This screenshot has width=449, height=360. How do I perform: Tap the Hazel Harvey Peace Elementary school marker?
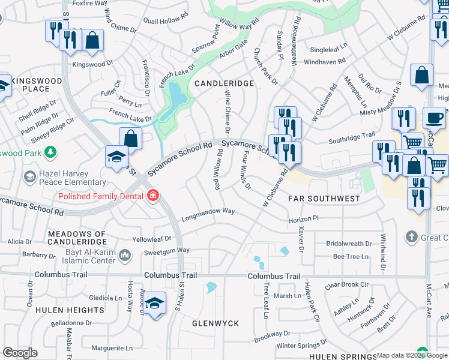pos(29,177)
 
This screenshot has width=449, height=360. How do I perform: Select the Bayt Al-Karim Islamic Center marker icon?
pos(125,256)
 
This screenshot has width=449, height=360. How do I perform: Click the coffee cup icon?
pos(434,118)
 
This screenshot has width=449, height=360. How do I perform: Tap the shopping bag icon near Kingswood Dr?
pos(92,40)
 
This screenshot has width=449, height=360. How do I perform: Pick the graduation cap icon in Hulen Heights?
pos(155,303)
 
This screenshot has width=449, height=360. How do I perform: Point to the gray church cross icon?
pos(411,236)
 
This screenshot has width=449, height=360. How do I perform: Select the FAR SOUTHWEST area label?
pos(324,198)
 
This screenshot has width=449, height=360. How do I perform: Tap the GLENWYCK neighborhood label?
pos(215,323)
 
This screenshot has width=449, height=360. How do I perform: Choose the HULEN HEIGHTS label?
pos(70,310)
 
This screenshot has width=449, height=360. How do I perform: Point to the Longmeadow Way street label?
pos(208,212)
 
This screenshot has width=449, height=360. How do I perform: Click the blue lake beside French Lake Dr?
pos(176,94)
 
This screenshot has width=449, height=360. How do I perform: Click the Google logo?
pos(20,353)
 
